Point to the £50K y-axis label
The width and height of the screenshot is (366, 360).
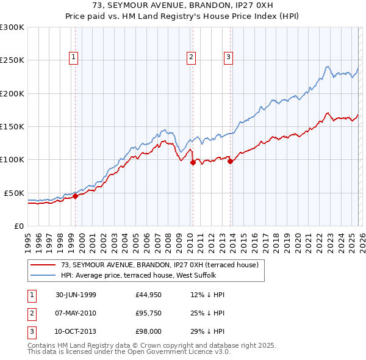14,193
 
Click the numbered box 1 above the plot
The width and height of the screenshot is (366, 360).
73,58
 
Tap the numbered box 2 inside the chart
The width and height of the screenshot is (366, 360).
191,58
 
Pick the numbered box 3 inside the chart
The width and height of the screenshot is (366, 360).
228,58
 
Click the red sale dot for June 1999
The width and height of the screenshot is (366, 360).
76,196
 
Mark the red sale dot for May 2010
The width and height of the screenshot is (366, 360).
193,162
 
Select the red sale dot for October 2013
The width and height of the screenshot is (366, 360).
230,161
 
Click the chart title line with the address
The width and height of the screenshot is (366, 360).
183,6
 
